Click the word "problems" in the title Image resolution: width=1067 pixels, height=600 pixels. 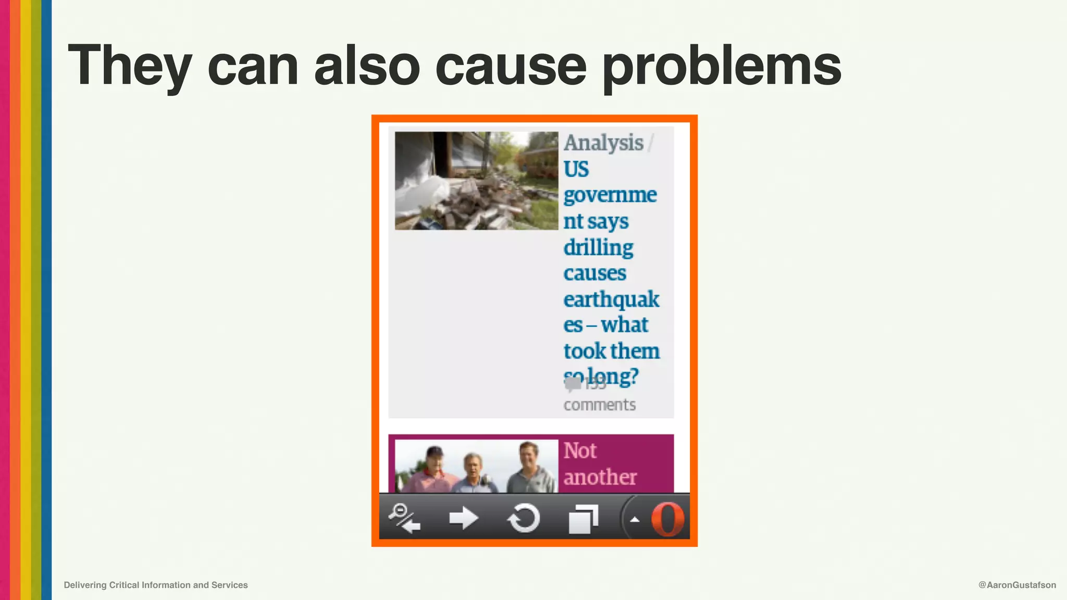click(x=722, y=67)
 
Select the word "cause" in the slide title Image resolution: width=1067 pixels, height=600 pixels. click(x=511, y=67)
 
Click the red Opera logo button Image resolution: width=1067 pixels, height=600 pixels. click(x=667, y=519)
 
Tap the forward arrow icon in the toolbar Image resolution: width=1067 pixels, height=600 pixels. click(x=463, y=518)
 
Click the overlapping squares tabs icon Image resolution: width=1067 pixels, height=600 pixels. click(x=583, y=519)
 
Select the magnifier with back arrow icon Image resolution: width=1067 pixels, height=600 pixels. click(x=404, y=518)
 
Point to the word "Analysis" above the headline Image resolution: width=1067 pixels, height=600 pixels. click(x=603, y=143)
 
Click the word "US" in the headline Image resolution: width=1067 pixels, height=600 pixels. click(x=576, y=169)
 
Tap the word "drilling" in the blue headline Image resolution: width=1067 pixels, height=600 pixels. click(x=598, y=247)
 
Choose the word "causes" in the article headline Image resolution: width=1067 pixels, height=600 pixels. click(x=594, y=273)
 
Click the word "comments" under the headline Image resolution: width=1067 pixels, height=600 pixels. click(x=599, y=405)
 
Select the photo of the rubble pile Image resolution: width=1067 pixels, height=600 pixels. click(x=476, y=181)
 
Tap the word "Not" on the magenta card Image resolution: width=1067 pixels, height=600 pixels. click(x=580, y=451)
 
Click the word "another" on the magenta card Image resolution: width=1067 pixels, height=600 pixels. click(x=600, y=477)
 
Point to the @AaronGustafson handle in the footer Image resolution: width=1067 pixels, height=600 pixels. click(x=1017, y=585)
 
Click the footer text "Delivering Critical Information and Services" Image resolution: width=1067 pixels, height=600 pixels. click(x=156, y=585)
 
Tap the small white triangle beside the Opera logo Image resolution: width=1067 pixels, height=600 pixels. click(x=635, y=519)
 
